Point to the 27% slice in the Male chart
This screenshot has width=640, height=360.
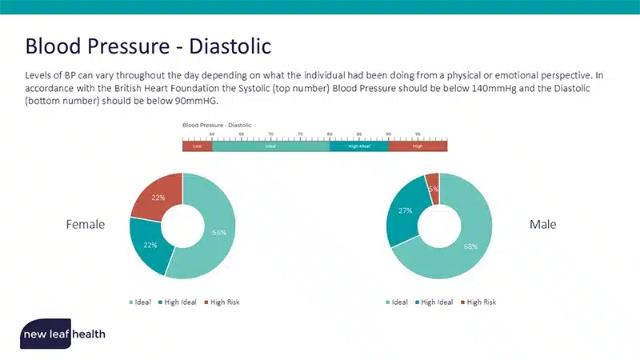click(405, 211)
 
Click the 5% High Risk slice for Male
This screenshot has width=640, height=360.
click(433, 188)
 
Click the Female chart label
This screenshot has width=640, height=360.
click(85, 225)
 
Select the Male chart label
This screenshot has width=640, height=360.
click(542, 225)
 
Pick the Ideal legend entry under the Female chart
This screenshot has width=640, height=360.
click(140, 302)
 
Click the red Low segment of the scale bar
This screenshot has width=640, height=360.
click(197, 146)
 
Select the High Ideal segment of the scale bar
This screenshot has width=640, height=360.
click(358, 146)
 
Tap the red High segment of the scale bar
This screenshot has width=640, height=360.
click(418, 146)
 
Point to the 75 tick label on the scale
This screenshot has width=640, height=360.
click(300, 134)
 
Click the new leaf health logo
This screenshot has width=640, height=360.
click(62, 334)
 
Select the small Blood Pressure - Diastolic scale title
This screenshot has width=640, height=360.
click(217, 126)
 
